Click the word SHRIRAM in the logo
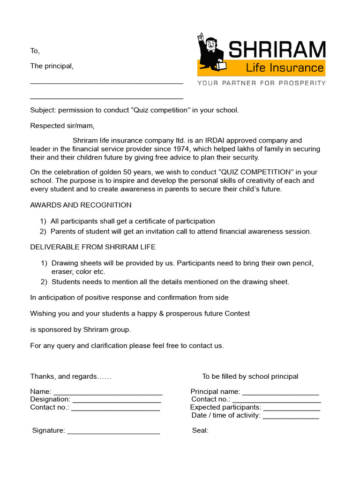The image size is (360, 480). coord(277,49)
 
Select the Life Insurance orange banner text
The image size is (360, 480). coord(285,68)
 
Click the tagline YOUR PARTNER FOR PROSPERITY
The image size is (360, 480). coord(261,83)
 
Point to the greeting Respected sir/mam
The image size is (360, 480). coord(62,126)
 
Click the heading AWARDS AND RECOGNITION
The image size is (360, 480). coord(81,205)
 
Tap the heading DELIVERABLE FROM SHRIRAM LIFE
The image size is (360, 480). coord(93,247)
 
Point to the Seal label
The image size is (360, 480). coord(200,430)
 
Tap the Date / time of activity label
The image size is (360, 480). coord(225,415)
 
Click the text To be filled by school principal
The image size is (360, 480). coord(250,376)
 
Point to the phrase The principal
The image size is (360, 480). coord(52,66)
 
